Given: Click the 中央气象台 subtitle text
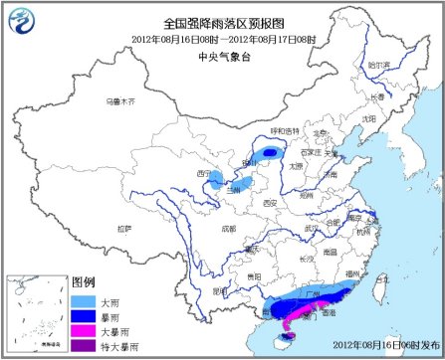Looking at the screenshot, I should (x=222, y=55).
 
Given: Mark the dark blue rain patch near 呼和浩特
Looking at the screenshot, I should (x=271, y=152).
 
